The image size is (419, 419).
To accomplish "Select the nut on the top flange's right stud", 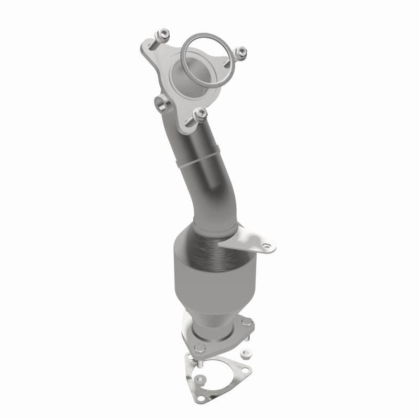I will tap(241, 51).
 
